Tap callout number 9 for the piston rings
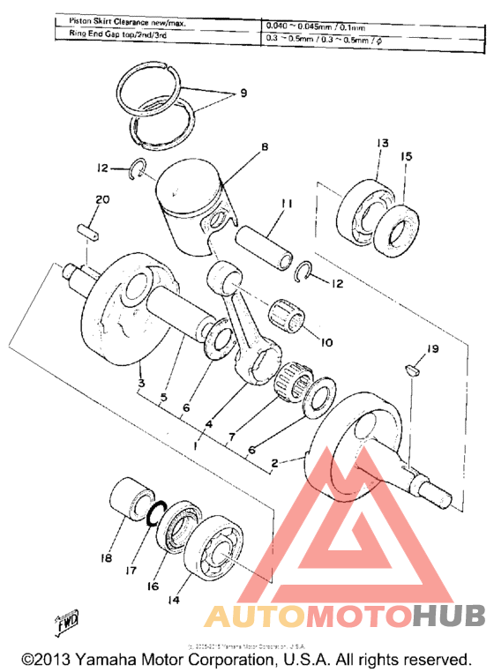coord(231,94)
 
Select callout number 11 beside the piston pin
coord(286,205)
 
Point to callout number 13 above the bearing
coord(381,144)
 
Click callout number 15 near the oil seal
coord(407,156)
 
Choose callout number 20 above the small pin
coord(102,200)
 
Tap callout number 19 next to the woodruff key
coord(432,349)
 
